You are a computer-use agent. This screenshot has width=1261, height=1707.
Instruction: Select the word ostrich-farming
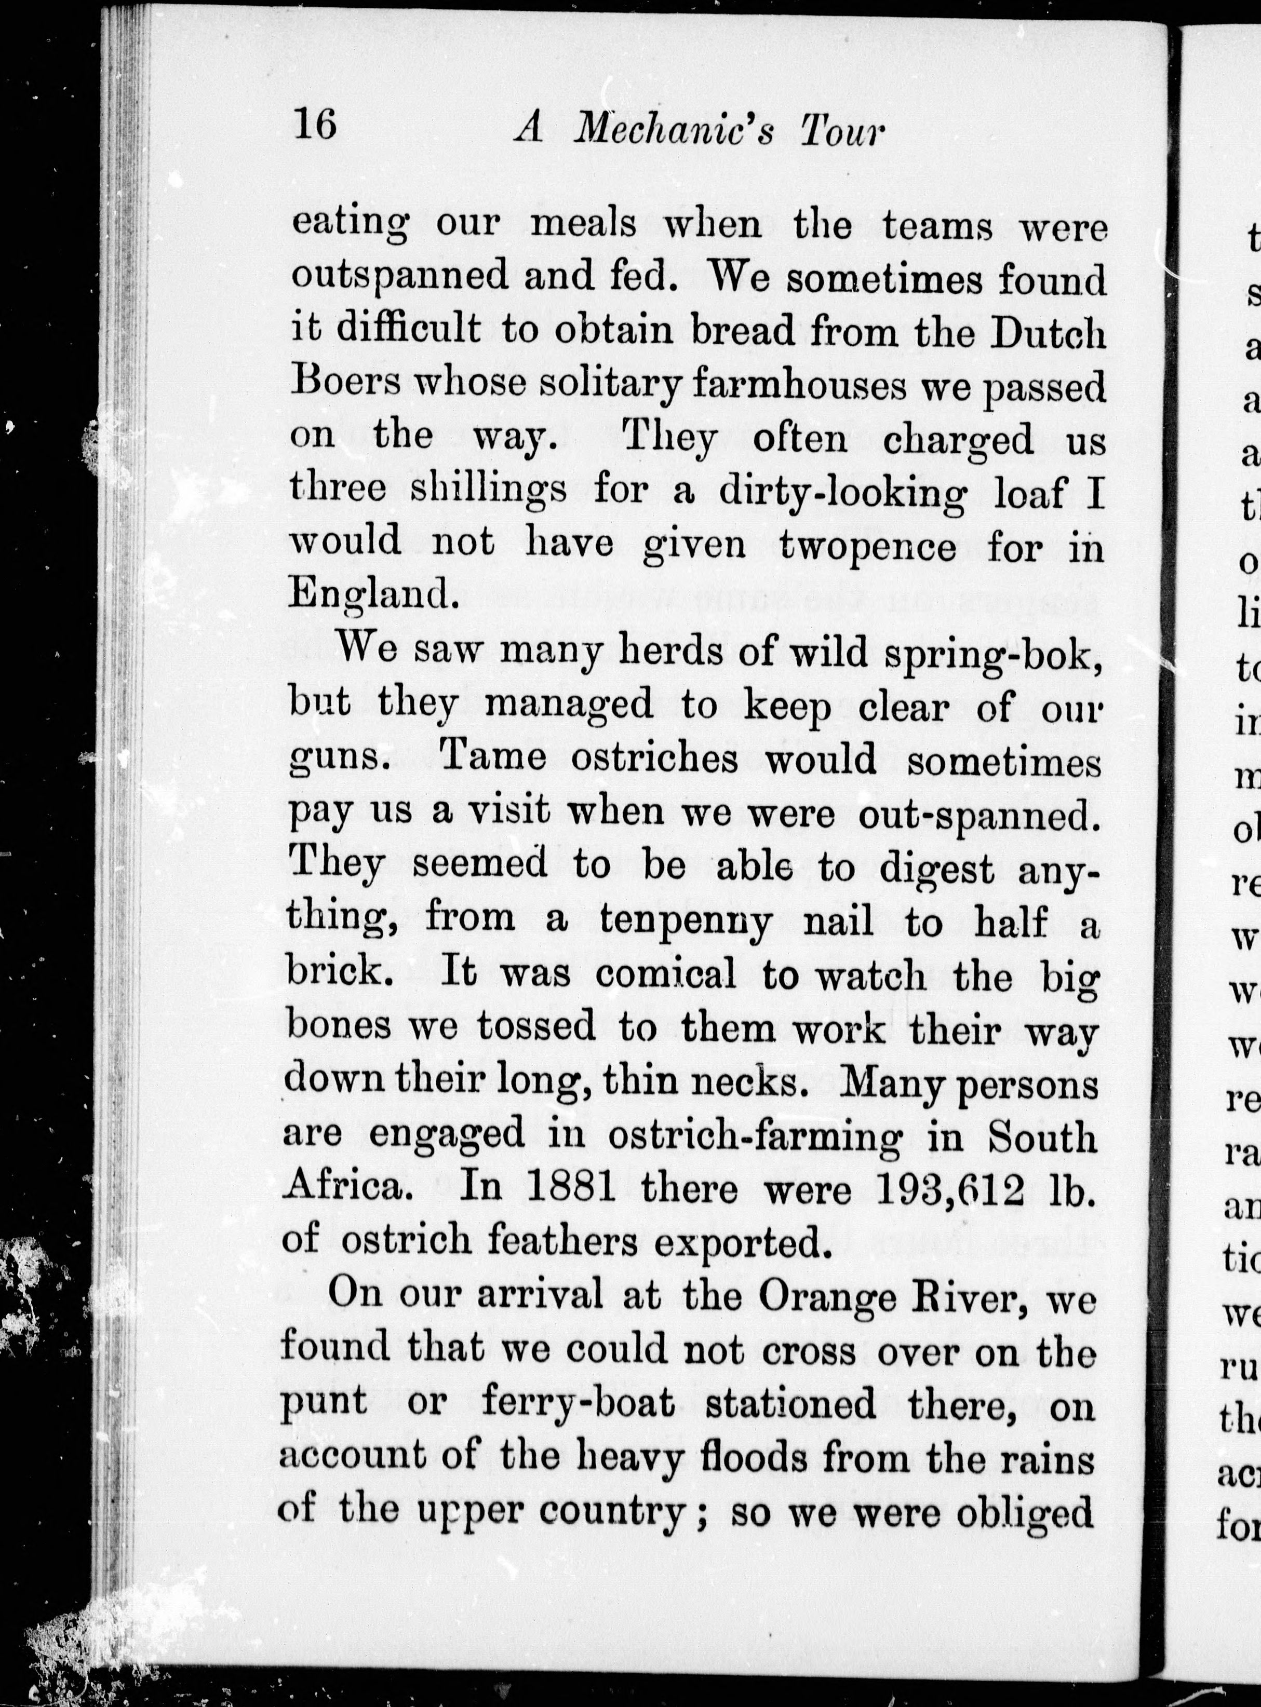[755, 1136]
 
